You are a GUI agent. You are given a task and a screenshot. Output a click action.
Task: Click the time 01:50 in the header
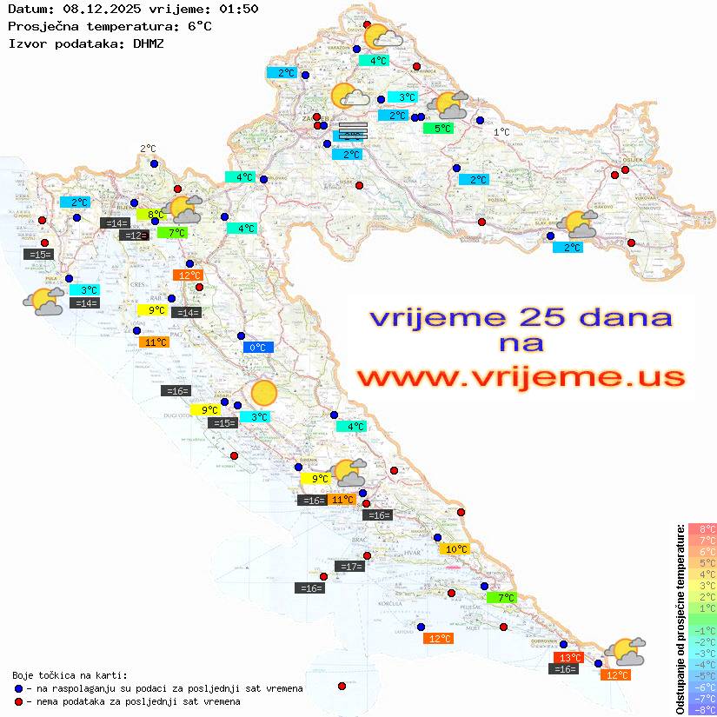point(238,9)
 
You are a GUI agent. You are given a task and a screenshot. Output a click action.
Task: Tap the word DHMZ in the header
point(148,43)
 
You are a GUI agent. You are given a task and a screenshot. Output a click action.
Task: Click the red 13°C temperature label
point(569,657)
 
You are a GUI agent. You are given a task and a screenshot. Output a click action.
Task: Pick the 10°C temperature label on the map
point(456,549)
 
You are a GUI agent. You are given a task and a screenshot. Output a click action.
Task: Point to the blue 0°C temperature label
point(258,348)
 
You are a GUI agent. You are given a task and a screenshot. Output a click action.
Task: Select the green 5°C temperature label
point(438,129)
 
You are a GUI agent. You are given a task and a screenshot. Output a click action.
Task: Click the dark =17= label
point(350,567)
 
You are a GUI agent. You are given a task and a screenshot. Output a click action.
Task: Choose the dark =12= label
point(134,236)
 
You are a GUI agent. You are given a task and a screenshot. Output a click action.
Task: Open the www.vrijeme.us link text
point(521,377)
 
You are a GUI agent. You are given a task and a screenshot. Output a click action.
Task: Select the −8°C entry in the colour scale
point(702,709)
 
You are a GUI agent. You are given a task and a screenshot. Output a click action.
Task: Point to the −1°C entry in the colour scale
point(702,630)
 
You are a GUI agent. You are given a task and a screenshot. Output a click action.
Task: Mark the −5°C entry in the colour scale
point(702,675)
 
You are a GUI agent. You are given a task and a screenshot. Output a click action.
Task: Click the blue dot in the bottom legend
point(19,688)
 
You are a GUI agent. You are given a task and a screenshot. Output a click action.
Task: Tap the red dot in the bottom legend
point(19,701)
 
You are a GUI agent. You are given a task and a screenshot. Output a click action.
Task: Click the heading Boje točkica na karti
point(70,675)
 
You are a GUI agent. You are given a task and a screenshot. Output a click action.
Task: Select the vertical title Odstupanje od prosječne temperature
point(680,619)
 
